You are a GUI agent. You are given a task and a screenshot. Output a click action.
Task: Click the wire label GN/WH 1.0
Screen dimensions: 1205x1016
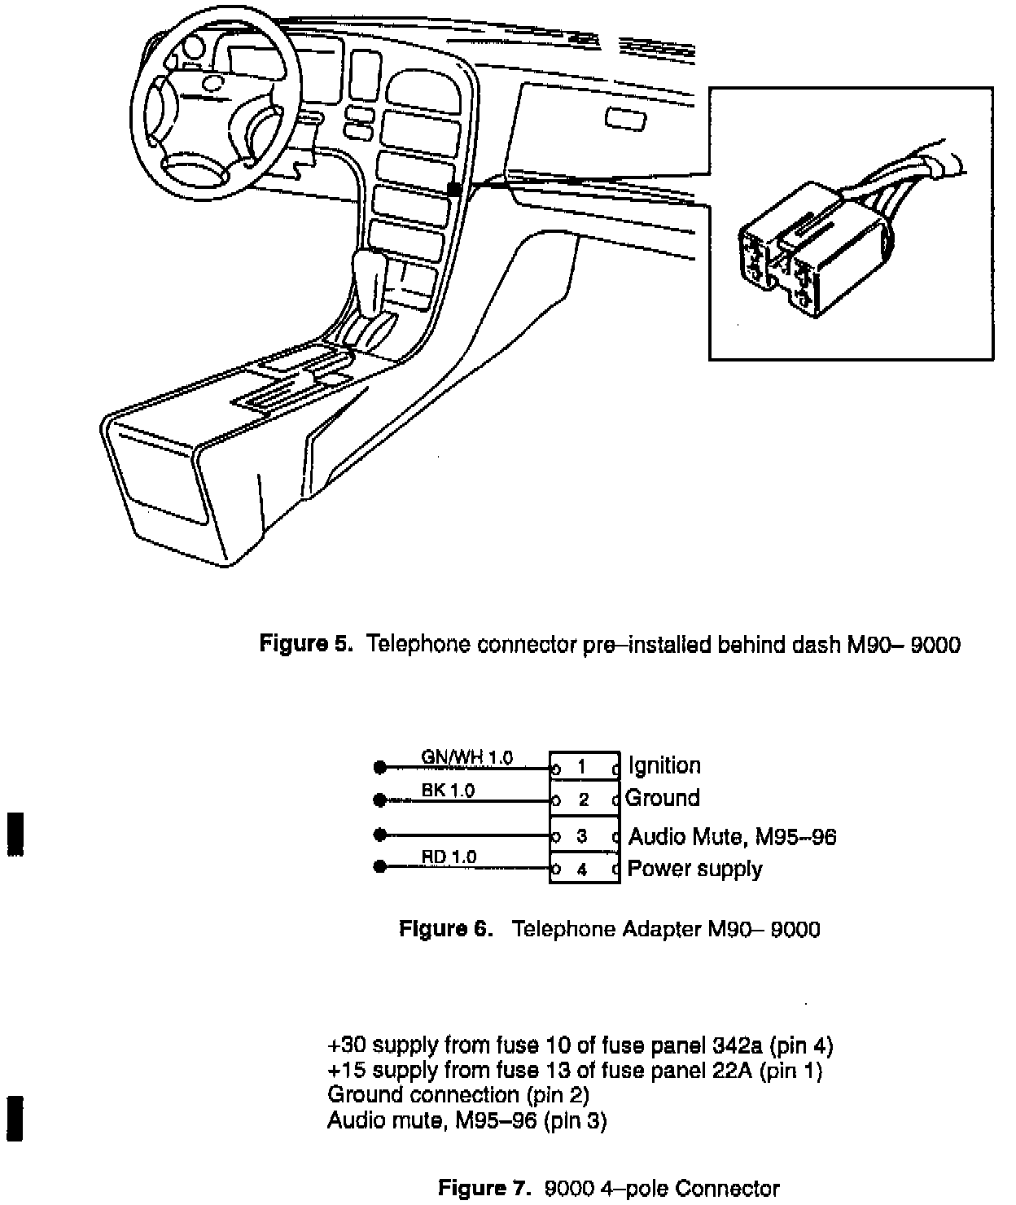(466, 757)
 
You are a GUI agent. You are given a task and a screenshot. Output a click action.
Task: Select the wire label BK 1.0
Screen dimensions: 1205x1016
(448, 790)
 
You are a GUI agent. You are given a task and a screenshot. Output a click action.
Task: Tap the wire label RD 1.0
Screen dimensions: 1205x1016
(449, 857)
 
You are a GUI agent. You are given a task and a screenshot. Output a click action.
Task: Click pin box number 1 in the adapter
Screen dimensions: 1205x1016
(583, 767)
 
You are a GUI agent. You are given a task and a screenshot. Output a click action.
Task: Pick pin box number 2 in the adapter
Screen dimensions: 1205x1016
(583, 800)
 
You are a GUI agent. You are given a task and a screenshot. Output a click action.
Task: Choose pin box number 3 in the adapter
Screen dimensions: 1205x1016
(583, 836)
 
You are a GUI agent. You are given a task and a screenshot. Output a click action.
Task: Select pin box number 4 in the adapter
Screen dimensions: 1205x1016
(583, 870)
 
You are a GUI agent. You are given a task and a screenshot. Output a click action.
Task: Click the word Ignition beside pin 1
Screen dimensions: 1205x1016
(664, 766)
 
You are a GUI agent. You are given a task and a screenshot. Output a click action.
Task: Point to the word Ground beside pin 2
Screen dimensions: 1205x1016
(662, 798)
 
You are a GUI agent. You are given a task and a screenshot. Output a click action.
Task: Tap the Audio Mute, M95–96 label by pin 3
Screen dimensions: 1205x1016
(733, 836)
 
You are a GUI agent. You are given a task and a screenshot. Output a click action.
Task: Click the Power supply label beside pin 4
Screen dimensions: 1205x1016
(694, 869)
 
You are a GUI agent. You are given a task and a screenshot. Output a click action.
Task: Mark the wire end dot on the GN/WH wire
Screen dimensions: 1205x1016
(379, 768)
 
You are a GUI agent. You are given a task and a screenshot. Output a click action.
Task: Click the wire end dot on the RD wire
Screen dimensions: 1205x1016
(379, 867)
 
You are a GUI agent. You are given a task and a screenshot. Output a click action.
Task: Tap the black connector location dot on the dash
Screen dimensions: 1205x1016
(455, 189)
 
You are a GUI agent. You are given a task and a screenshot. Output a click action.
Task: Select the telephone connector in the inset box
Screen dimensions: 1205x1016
(814, 252)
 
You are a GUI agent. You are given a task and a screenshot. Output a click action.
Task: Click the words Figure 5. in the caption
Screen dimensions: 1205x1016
(305, 645)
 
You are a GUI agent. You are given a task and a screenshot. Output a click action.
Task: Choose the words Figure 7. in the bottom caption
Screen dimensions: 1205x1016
(484, 1188)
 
